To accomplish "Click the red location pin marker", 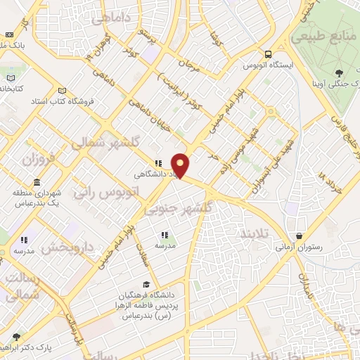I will click(181, 165).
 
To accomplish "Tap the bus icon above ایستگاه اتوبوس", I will click(268, 54).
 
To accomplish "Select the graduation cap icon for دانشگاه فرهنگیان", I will click(146, 284).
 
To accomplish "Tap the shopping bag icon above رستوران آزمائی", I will click(300, 236).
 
